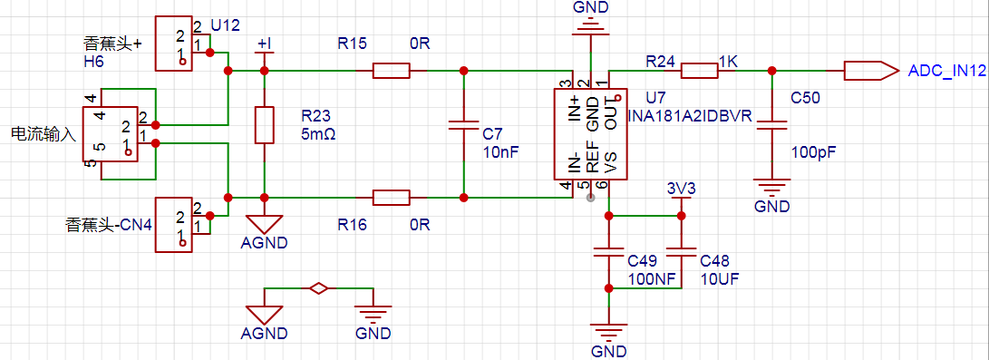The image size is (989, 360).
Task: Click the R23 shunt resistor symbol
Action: pos(265,125)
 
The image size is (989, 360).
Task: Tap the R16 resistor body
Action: pos(391,198)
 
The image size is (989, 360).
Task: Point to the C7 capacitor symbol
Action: pos(463,125)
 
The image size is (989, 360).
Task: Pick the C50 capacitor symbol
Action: pos(771,125)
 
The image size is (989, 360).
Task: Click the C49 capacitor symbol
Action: pos(608,253)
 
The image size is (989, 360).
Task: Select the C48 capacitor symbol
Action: pos(681,253)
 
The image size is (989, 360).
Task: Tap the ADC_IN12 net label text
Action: pos(946,71)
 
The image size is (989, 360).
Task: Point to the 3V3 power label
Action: pos(680,189)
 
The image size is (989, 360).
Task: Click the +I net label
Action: pos(265,44)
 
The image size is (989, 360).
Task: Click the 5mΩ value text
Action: pos(318,133)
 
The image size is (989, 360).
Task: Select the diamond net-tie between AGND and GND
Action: pos(318,288)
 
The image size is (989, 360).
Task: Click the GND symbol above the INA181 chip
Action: pos(590,28)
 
